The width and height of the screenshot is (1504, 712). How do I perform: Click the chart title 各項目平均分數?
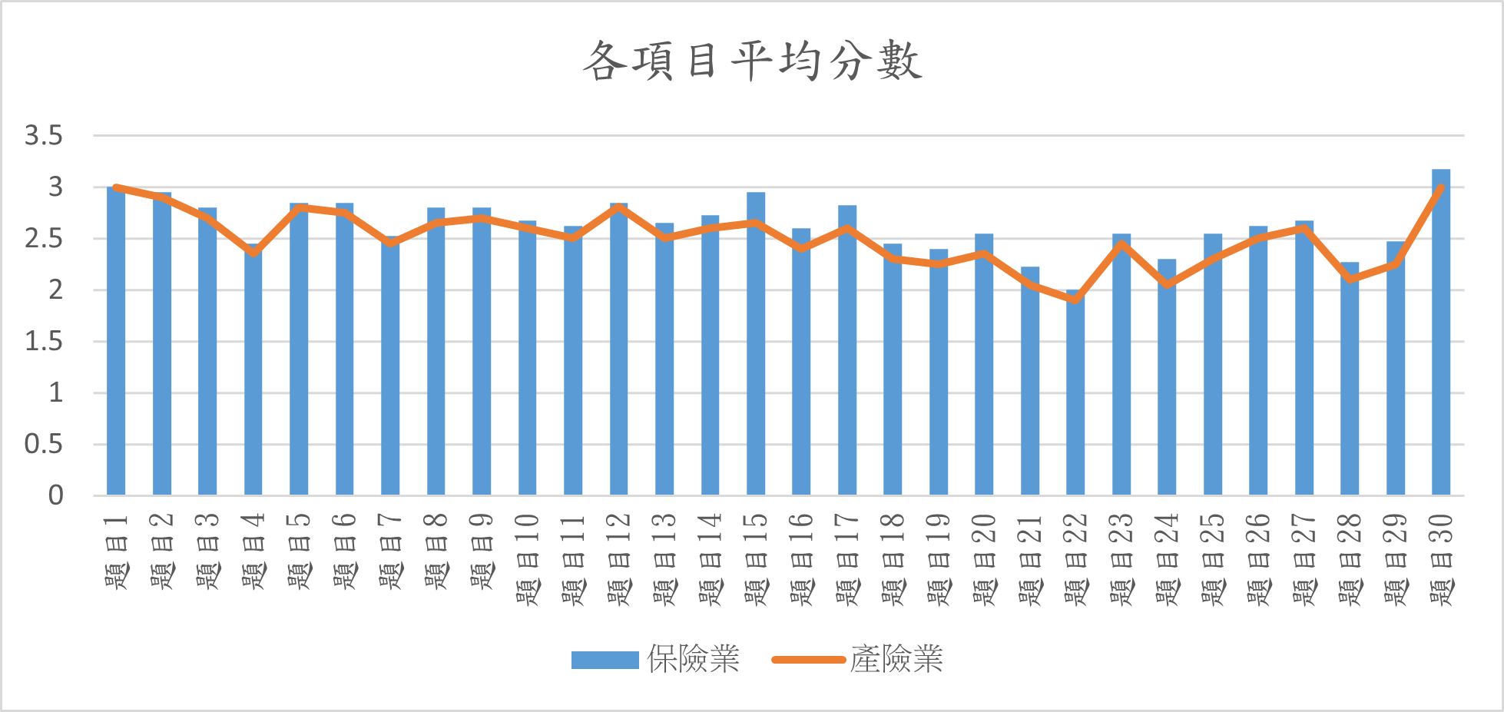coord(751,61)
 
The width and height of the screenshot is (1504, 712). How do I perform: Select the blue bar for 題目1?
coord(116,342)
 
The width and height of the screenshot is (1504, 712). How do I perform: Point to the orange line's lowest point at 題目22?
coord(1075,299)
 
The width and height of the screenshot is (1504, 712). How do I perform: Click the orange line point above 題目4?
coord(253,252)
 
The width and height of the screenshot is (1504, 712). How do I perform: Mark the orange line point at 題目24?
coord(1167,284)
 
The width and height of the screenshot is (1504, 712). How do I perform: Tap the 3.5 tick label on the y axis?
coord(43,136)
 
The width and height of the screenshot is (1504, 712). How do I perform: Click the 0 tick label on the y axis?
coord(55,495)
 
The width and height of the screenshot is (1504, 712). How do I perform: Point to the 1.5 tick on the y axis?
coord(43,342)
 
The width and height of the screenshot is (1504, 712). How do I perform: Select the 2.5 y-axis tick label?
coord(43,239)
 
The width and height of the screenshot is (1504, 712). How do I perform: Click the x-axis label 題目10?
coord(528,559)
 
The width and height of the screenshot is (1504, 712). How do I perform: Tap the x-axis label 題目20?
coord(984,559)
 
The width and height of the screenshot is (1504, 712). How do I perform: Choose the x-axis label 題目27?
coord(1304,559)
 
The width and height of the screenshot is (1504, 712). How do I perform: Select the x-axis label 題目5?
coord(299,551)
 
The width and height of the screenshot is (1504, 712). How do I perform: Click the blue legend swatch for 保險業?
coord(605,660)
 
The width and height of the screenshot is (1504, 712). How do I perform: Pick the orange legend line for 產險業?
coord(808,660)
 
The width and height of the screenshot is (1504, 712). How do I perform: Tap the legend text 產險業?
coord(896,659)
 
